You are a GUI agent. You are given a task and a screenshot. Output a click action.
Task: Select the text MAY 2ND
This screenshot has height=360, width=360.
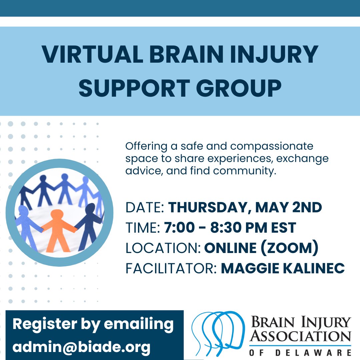(289, 208)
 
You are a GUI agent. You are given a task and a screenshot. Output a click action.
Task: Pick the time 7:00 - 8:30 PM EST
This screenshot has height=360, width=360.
(230, 228)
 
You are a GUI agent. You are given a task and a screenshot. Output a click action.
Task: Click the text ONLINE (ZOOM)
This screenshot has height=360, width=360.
(261, 248)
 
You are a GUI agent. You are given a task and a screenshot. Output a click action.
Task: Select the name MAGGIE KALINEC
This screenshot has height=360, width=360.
(283, 269)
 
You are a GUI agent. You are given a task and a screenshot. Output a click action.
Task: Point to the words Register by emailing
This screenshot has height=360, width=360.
(93, 324)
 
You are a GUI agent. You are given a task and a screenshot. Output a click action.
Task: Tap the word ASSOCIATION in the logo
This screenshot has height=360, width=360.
(301, 337)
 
